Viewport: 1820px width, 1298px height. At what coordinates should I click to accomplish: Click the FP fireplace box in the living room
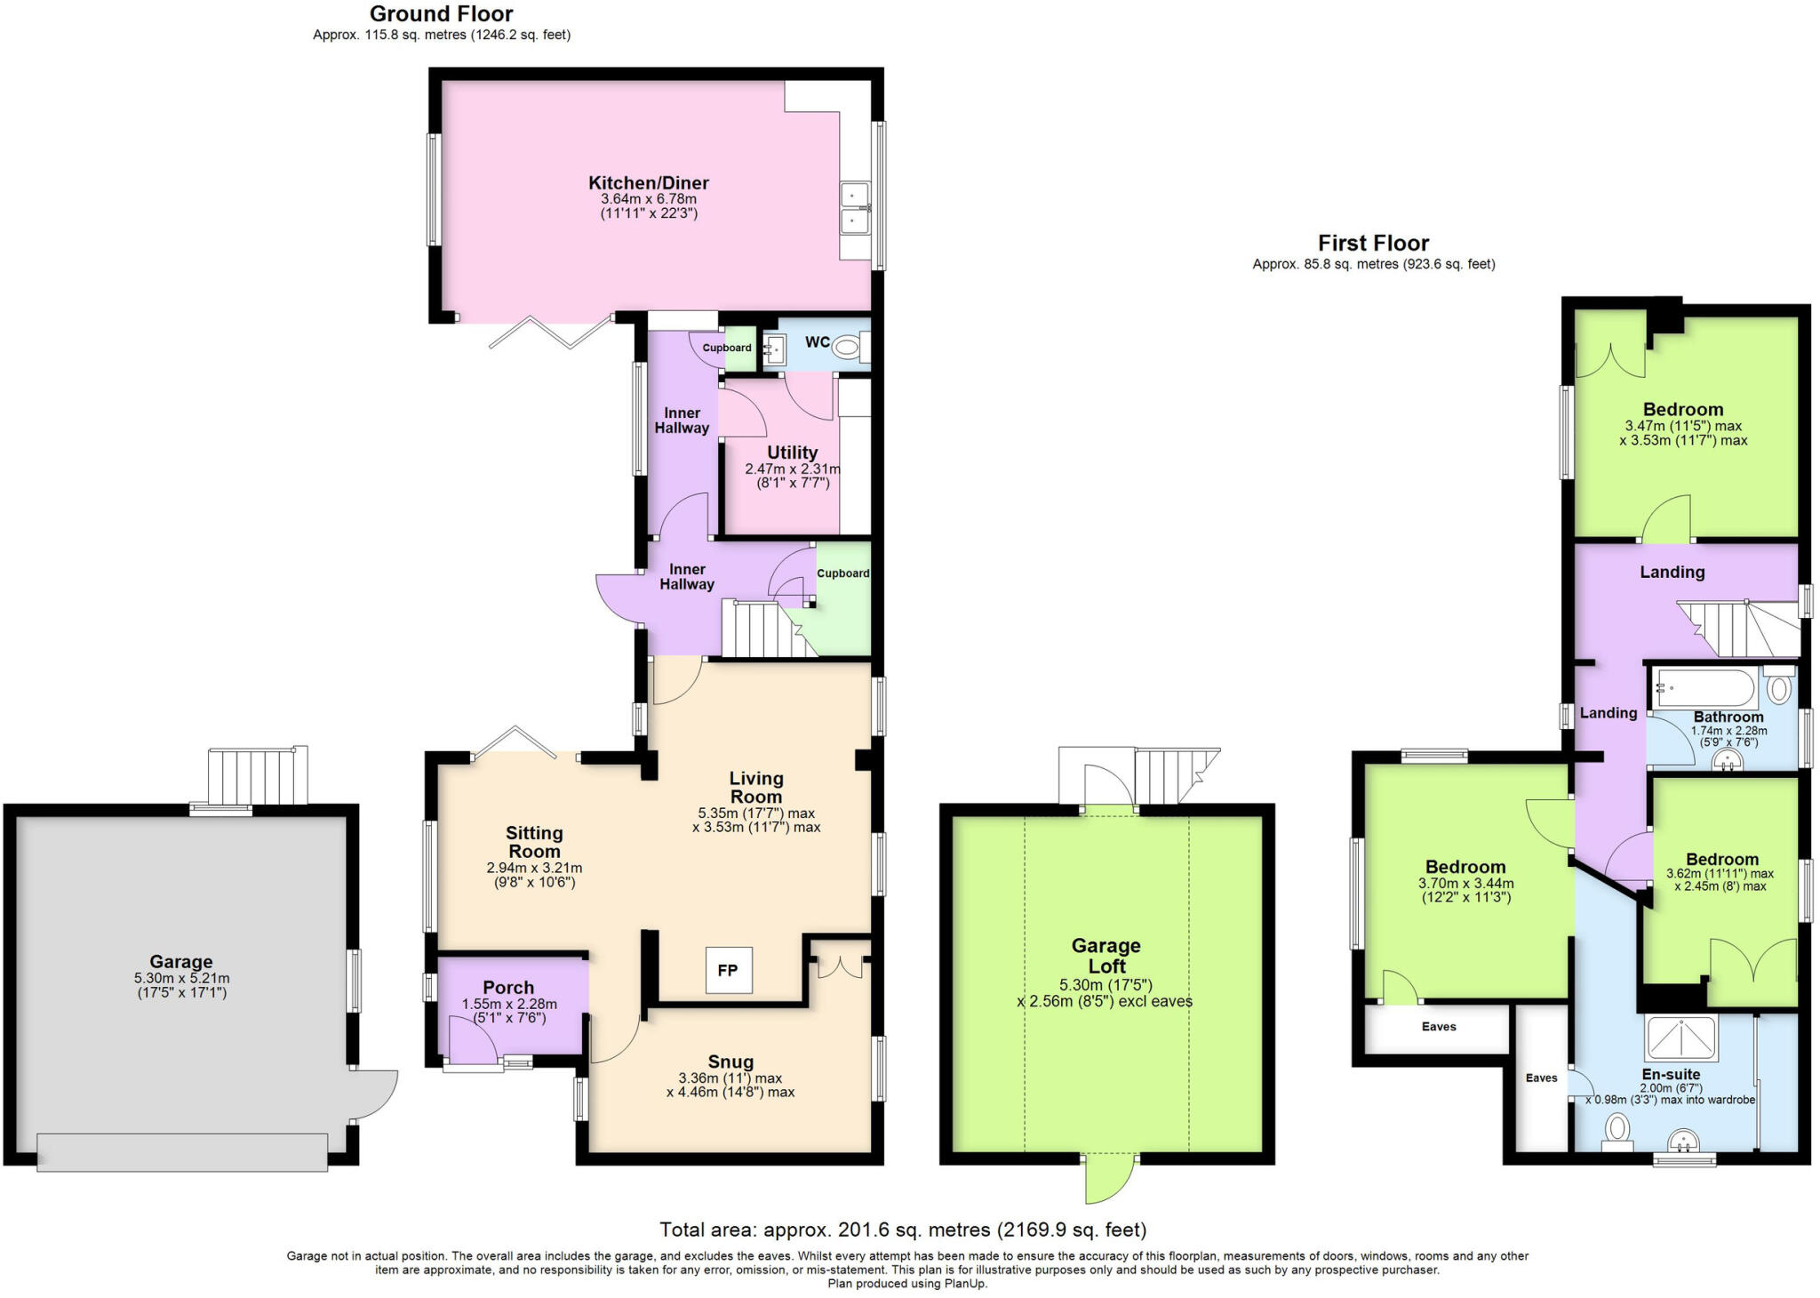(728, 970)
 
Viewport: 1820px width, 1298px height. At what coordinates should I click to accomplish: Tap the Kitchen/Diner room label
(648, 183)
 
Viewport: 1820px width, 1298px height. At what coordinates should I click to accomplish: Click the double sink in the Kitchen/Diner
(855, 207)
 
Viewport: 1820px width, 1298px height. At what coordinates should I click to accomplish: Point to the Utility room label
(792, 453)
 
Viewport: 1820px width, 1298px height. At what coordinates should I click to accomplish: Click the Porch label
(508, 988)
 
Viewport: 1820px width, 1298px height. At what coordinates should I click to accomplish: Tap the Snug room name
(730, 1062)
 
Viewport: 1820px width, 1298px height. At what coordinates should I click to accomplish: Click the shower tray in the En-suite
(1680, 1038)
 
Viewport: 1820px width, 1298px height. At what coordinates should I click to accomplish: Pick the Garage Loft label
(1106, 956)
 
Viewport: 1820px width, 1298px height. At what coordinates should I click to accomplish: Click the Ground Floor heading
(441, 14)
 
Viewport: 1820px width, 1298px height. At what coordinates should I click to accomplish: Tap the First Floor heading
(1373, 243)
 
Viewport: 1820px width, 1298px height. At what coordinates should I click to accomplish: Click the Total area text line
(903, 1230)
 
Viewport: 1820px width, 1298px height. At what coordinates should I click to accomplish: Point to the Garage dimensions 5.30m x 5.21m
(181, 978)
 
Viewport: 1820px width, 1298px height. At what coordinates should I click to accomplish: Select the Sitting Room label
(534, 841)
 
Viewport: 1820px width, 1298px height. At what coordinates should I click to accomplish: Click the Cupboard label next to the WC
(727, 348)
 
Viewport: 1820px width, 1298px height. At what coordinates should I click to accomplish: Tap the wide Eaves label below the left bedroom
(1438, 1027)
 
